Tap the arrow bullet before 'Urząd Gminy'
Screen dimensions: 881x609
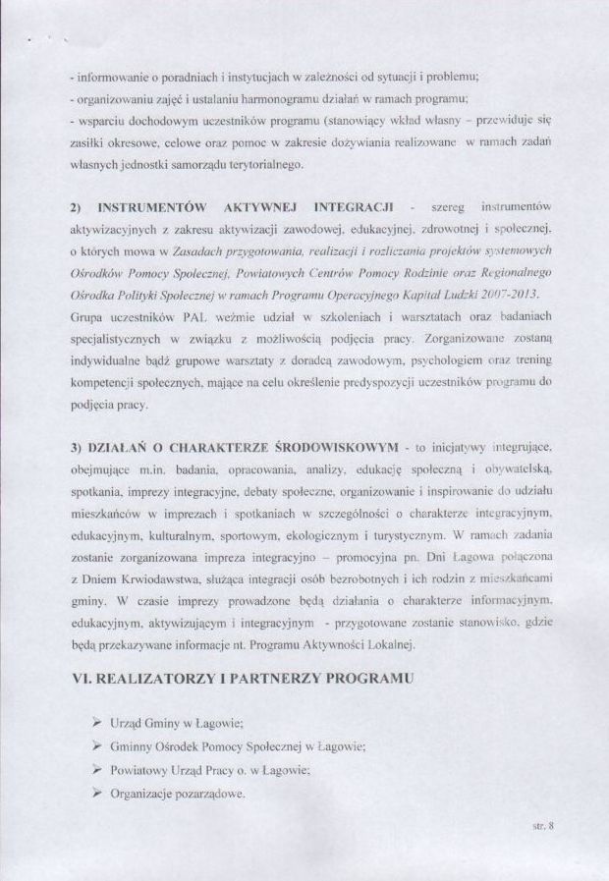coord(97,722)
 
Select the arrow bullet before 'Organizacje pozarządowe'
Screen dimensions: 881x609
coord(97,792)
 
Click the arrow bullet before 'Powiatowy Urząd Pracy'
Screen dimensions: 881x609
coord(97,769)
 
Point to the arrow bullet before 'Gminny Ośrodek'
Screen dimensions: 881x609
coord(97,745)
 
